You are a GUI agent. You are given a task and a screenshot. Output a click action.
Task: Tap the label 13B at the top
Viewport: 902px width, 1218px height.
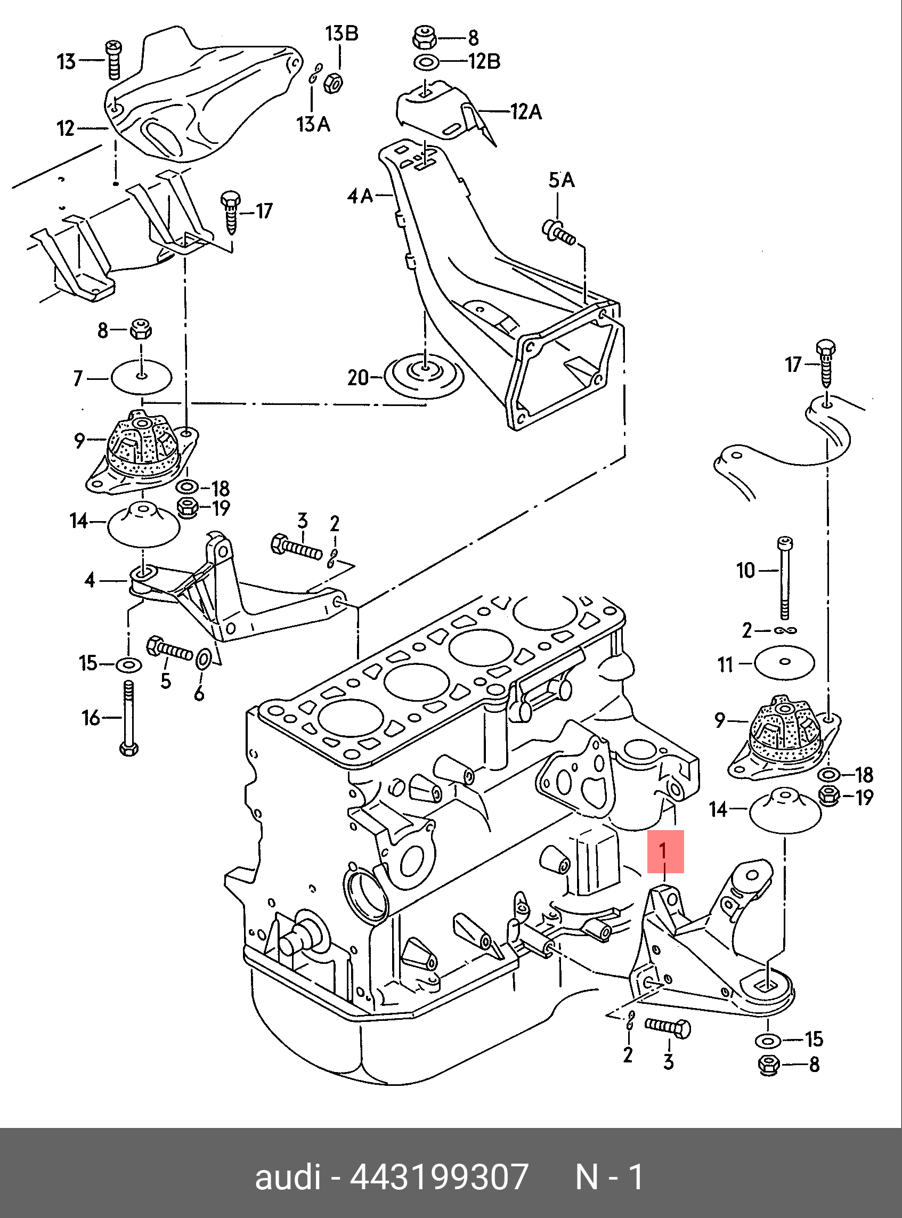tap(342, 34)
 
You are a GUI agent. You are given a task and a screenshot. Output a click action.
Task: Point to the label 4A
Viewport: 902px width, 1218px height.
tap(360, 195)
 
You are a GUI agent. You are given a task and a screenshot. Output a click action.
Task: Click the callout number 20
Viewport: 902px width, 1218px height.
tap(358, 377)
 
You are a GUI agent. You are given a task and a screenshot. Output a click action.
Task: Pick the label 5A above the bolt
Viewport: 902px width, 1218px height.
tap(562, 180)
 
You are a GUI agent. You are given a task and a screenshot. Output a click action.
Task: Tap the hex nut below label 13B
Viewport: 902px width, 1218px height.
tap(333, 84)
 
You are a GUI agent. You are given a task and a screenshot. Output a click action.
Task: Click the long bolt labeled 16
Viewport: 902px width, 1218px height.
tap(129, 718)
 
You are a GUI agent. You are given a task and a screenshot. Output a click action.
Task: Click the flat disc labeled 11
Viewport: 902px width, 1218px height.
tap(785, 662)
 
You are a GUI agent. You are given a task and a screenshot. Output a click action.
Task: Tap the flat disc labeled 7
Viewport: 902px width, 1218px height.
tap(141, 377)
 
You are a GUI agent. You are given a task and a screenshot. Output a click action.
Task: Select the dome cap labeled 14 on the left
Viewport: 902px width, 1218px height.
tap(144, 525)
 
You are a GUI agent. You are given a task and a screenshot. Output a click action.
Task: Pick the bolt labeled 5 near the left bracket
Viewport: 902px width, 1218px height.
tap(169, 648)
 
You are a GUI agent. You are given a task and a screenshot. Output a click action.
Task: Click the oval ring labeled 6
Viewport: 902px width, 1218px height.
tap(201, 660)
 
